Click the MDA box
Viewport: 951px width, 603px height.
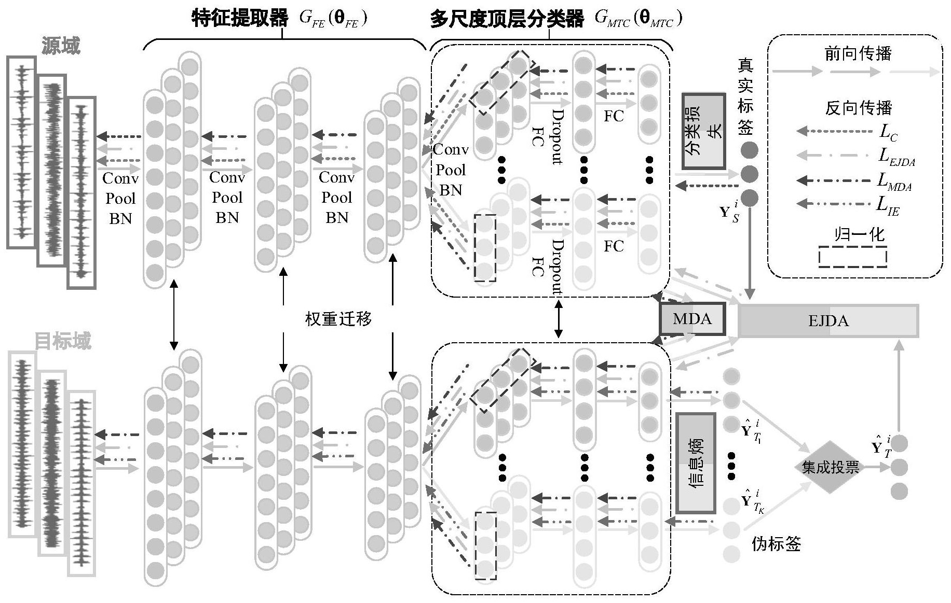[692, 319]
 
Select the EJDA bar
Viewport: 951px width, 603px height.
[828, 321]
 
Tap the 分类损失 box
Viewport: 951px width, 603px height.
[703, 131]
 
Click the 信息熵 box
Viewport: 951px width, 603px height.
[696, 462]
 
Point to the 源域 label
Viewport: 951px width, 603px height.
[61, 46]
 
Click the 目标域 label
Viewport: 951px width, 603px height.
[62, 341]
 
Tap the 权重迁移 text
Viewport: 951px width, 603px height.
[338, 318]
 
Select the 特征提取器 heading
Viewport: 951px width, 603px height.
[239, 18]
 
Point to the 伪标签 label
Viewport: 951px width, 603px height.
[776, 543]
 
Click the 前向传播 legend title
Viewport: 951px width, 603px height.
[858, 53]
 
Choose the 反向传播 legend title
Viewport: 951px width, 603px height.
[858, 108]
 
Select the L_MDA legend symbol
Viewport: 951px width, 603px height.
[894, 181]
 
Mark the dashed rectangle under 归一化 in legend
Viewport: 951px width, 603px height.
[852, 257]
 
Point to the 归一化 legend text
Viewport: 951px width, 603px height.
[859, 234]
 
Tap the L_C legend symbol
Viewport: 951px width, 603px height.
[888, 132]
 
